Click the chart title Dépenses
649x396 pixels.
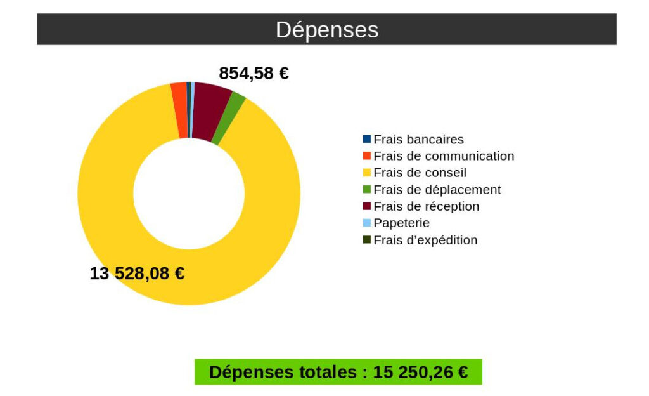click(326, 30)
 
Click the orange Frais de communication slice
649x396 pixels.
click(180, 109)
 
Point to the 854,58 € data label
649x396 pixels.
click(254, 74)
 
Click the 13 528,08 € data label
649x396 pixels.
click(137, 274)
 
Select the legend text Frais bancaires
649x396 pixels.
click(418, 140)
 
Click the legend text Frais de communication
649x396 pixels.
click(444, 156)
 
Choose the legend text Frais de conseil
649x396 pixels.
click(420, 173)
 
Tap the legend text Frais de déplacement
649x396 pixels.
click(437, 190)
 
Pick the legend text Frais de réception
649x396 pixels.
click(426, 206)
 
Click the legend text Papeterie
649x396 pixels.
click(401, 223)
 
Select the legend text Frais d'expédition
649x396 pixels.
click(425, 241)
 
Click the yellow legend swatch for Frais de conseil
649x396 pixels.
click(367, 173)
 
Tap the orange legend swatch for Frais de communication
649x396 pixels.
click(367, 156)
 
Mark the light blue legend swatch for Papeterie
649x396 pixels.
click(367, 223)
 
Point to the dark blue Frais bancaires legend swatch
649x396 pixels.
click(367, 139)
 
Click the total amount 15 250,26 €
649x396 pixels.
click(420, 373)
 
